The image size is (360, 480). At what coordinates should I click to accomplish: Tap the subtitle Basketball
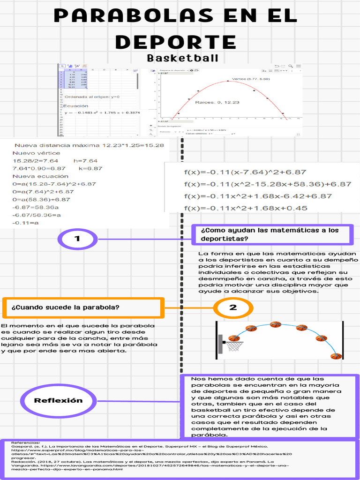tap(182, 59)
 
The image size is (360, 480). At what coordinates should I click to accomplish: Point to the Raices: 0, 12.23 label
tap(217, 102)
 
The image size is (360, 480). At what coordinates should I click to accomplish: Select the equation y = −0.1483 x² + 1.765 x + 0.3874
tap(103, 113)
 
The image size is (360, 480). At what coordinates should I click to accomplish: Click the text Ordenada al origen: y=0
tap(92, 97)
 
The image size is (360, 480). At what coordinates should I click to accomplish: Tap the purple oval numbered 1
tap(77, 239)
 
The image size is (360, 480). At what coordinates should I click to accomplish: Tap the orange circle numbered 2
tap(233, 308)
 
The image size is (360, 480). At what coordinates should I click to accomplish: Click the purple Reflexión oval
tap(58, 400)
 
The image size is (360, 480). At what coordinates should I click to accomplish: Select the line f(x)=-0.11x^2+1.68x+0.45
tap(246, 208)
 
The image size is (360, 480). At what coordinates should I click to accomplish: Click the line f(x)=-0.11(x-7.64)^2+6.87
tap(245, 172)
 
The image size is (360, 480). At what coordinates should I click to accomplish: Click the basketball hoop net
tap(234, 346)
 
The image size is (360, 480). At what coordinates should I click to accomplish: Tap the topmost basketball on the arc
tap(275, 324)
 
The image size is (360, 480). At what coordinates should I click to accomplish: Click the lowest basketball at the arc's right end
tap(336, 356)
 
